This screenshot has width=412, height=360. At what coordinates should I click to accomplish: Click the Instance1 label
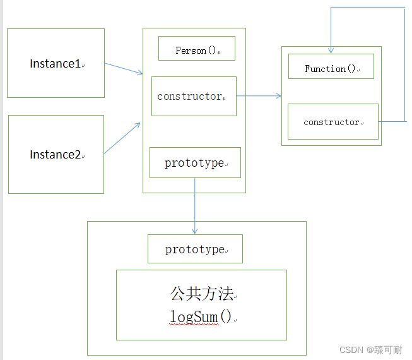(x=56, y=64)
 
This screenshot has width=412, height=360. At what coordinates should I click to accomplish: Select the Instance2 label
(x=56, y=155)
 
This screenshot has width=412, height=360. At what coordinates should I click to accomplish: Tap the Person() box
(x=196, y=49)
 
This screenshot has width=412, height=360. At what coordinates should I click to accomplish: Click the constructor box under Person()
(x=194, y=97)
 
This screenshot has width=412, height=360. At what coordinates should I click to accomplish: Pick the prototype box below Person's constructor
(x=195, y=163)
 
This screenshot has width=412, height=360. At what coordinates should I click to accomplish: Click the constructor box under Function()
(x=333, y=122)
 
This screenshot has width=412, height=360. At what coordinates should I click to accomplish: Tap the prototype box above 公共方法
(x=195, y=249)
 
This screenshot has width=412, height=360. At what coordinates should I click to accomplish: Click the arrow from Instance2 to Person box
(x=122, y=138)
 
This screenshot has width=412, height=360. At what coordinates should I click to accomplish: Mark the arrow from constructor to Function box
(x=259, y=96)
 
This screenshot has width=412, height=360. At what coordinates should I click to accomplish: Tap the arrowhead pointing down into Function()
(x=331, y=50)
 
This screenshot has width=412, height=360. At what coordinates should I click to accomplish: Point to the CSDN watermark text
(x=370, y=350)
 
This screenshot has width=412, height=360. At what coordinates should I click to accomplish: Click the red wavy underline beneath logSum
(x=193, y=324)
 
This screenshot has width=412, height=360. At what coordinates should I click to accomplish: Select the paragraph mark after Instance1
(x=83, y=65)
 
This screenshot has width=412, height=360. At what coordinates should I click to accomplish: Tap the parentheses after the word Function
(x=351, y=68)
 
